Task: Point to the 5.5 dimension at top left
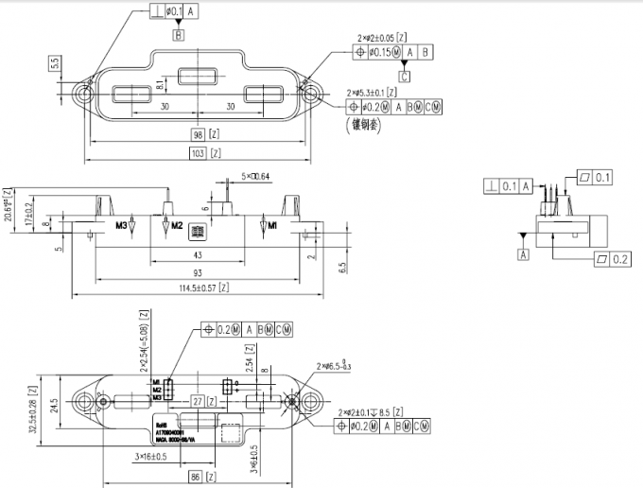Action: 55,62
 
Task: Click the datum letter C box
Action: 405,76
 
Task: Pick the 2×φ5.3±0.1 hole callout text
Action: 374,93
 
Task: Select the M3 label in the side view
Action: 121,227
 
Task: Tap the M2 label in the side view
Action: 175,227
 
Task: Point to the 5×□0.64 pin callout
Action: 254,176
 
